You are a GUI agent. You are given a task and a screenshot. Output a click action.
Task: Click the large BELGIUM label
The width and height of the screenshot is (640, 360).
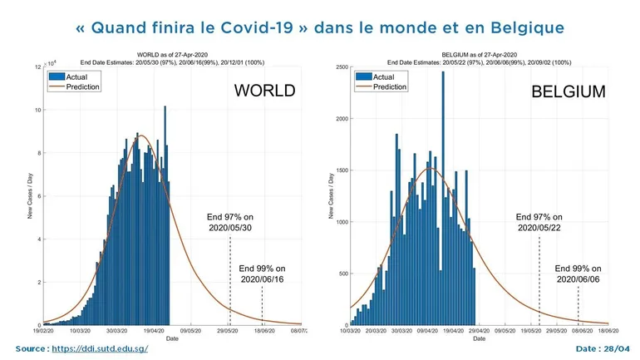click(568, 92)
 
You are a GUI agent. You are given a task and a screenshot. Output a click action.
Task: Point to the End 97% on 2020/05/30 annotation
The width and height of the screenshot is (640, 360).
click(230, 223)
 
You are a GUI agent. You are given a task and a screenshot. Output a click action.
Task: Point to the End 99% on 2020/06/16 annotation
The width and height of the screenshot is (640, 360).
click(262, 274)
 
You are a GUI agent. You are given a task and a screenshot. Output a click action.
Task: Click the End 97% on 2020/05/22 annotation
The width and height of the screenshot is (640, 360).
click(539, 223)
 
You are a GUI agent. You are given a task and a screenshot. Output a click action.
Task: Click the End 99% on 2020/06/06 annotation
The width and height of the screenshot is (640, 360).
click(578, 274)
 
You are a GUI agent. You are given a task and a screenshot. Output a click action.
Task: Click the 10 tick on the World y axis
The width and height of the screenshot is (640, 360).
click(37, 110)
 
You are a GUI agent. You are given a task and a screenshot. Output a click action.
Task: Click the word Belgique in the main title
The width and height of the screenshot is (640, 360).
click(526, 27)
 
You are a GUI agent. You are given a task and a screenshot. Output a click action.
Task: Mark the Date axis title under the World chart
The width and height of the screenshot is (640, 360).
click(171, 339)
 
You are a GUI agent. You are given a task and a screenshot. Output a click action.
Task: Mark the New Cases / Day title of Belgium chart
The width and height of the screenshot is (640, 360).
click(331, 196)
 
